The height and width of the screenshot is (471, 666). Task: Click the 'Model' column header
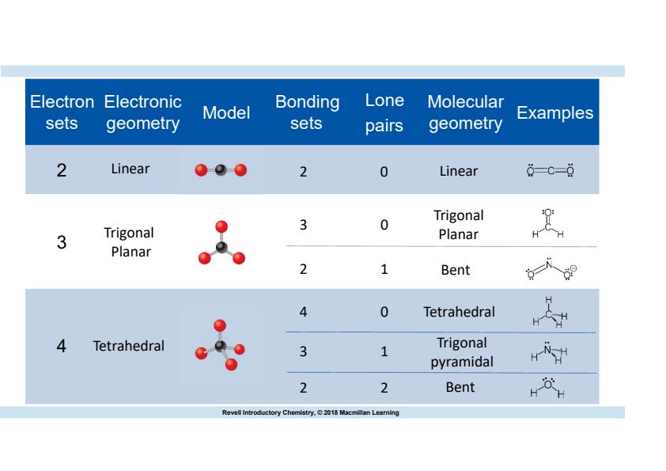coord(226,112)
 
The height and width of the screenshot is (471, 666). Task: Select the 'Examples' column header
coord(554,112)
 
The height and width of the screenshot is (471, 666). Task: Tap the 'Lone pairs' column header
coord(384,112)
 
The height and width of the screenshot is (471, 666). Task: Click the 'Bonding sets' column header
coord(307,112)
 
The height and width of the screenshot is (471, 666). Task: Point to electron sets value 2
coord(62,170)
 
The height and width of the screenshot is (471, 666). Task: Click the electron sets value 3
coord(62,242)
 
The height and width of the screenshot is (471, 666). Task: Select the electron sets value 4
coord(62,346)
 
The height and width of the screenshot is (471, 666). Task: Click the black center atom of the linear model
coord(221,170)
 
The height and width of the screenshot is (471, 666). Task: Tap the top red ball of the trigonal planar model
coord(221,226)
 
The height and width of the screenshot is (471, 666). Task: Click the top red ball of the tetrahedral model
coord(220,325)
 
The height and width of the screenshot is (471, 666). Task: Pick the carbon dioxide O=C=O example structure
coord(550,170)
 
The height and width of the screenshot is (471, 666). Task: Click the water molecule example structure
coord(547,387)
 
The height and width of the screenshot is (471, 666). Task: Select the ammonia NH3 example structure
coord(549,353)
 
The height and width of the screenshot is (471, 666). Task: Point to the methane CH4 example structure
coord(550,313)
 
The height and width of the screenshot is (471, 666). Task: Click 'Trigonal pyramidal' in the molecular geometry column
coord(462,352)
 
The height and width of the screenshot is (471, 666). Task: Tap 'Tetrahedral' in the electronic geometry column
coord(129,346)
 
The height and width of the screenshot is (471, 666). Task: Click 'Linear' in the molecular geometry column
coord(458,171)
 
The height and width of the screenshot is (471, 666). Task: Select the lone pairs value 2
coord(384,388)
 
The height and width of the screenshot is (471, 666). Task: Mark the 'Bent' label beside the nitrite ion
coord(456,270)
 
